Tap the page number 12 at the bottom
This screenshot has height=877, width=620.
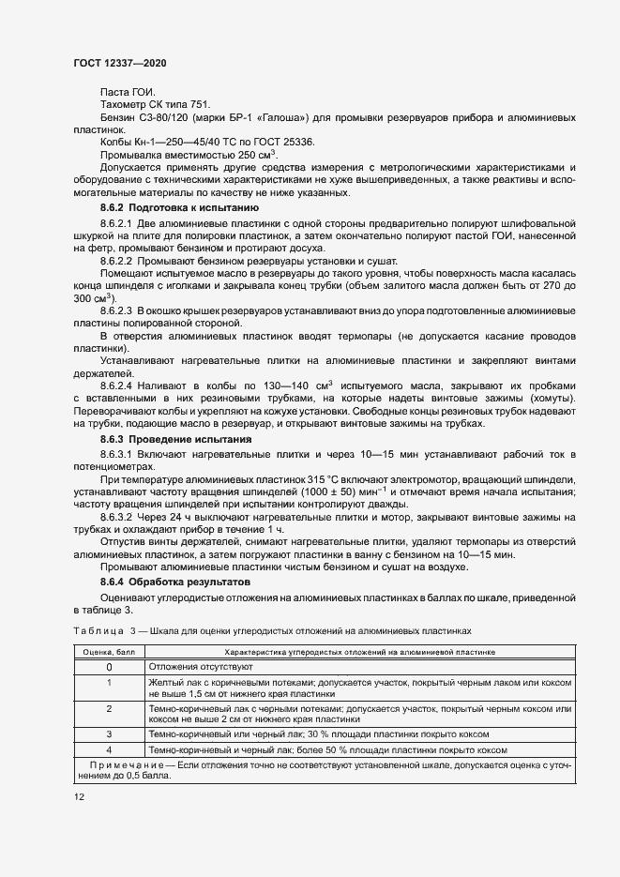tap(79, 796)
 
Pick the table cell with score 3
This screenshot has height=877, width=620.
tap(109, 733)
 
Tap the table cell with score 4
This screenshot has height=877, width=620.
tap(109, 749)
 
